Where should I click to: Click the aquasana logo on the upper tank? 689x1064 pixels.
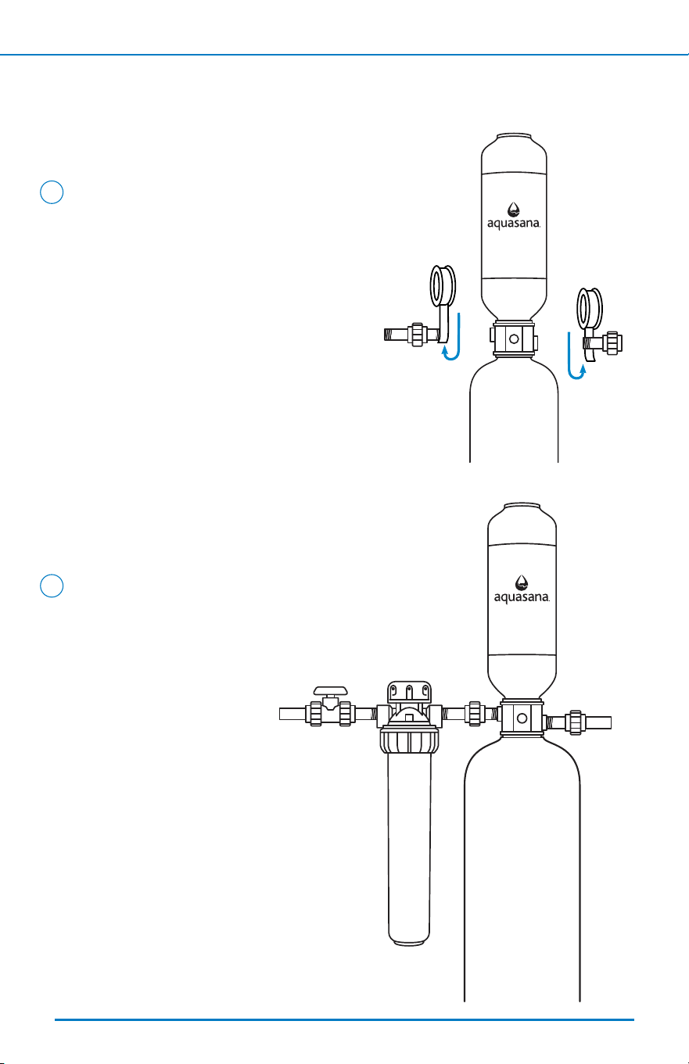coord(514,216)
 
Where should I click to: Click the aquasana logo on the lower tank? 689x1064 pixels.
coord(522,589)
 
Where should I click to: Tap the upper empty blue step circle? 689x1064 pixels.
coord(52,192)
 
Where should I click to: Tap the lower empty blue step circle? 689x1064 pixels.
coord(52,586)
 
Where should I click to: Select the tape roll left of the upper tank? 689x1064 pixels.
coord(443,286)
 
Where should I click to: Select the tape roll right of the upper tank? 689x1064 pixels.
coord(590,309)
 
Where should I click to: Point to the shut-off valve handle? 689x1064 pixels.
coord(330,690)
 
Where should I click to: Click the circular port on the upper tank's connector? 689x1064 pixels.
coord(514,339)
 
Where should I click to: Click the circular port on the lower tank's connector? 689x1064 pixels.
coord(522,718)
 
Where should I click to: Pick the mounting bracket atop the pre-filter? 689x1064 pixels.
coord(409,693)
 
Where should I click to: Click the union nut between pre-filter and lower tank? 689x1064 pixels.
coord(474,714)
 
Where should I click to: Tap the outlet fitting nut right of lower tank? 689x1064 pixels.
coord(576,723)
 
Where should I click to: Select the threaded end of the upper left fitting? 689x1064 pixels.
coord(394,335)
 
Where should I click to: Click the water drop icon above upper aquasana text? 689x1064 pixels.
coord(513,210)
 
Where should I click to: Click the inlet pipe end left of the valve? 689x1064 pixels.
coord(293,714)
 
